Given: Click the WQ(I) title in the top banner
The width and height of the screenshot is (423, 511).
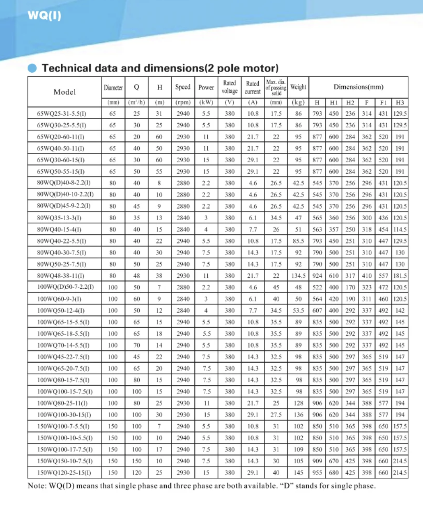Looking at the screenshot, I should point(44,16).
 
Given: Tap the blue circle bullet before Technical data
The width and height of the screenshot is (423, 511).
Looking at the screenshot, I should point(32,68).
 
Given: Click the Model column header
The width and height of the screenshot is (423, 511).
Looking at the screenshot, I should point(64,92).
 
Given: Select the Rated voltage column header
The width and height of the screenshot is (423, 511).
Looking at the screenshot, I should point(230,87).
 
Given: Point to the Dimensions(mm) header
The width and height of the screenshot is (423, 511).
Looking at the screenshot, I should point(358,87).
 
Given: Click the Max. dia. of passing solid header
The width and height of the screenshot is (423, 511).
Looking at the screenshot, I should point(276,87).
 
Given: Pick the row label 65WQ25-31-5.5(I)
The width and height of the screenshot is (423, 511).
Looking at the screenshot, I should point(62,114).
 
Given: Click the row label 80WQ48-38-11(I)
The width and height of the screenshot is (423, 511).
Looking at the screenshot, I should point(61,276).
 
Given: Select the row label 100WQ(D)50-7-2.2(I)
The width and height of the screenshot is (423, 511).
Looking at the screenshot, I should point(65,288).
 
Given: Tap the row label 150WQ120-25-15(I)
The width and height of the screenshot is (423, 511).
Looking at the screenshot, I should point(64,473).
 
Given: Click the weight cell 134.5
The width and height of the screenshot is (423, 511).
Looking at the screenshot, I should point(298,276).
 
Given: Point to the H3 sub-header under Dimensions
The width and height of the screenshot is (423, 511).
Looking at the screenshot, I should point(400,103).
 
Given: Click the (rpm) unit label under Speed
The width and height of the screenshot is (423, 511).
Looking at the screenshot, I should point(183,103).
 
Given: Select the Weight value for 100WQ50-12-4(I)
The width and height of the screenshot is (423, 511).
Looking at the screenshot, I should point(298,311).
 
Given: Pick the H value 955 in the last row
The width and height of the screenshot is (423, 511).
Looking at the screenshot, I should point(317,473).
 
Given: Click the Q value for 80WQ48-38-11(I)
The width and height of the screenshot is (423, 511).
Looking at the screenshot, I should point(137,276).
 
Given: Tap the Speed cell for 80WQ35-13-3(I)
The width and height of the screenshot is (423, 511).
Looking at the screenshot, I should point(183,218).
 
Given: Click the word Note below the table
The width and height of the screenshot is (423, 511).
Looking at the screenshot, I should point(37,486).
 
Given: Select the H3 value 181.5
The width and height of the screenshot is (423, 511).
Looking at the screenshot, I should point(400,276).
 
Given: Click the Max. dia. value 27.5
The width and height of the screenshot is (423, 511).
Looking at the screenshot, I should point(276,415).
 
